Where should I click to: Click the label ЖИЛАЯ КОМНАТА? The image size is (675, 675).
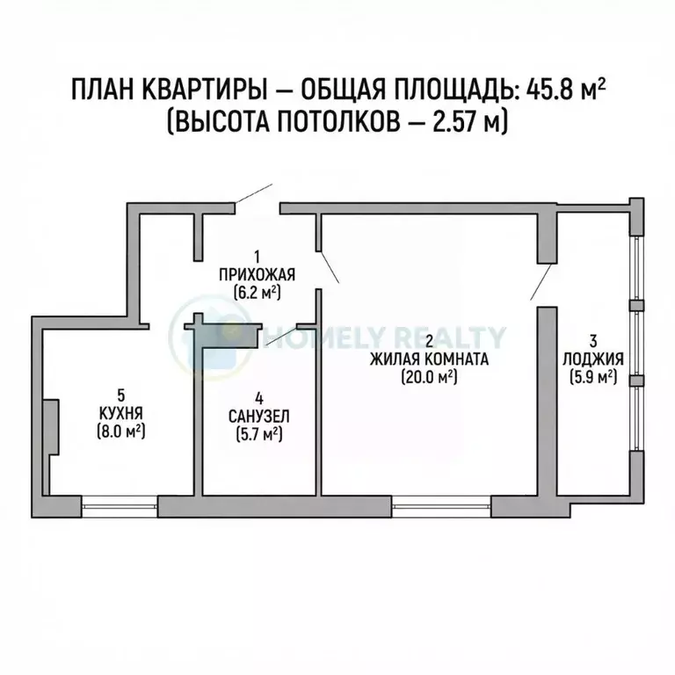pyautogui.click(x=429, y=359)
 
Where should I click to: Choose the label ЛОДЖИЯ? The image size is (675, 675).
pyautogui.click(x=593, y=359)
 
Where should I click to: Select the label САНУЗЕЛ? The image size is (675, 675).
pyautogui.click(x=257, y=415)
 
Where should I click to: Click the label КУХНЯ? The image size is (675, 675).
pyautogui.click(x=121, y=412)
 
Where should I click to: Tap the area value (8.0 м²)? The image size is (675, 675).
pyautogui.click(x=121, y=431)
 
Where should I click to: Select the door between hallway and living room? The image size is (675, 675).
pyautogui.click(x=328, y=265)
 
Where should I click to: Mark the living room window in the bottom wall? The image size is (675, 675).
pyautogui.click(x=440, y=505)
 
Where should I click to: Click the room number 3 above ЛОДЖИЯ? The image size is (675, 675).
pyautogui.click(x=593, y=341)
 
